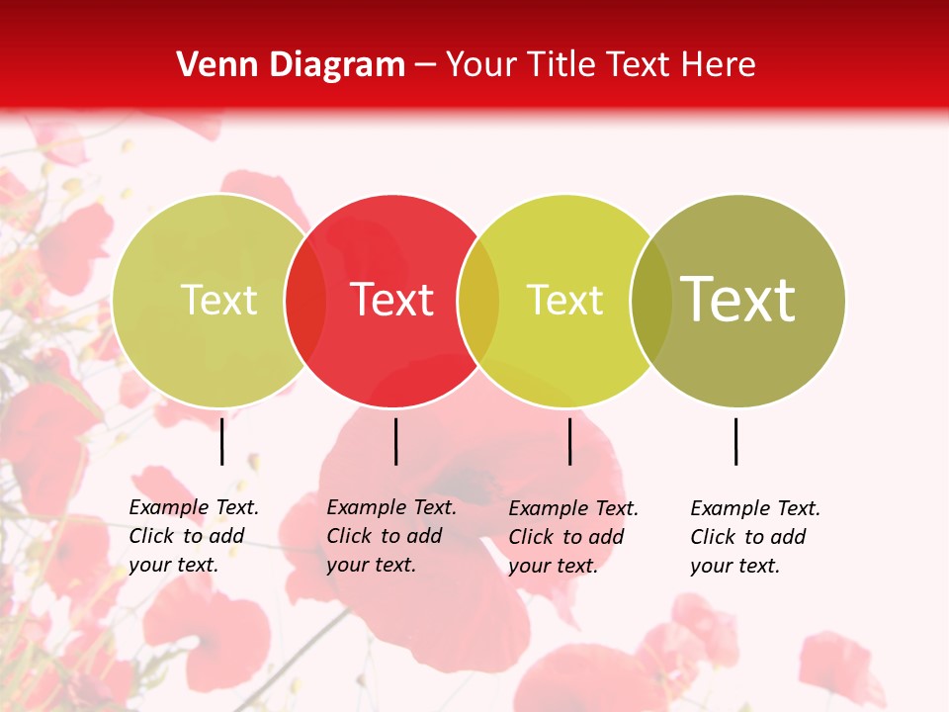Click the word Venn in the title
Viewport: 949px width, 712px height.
click(210, 65)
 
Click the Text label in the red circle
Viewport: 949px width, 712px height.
click(392, 300)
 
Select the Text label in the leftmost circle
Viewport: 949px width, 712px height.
click(219, 300)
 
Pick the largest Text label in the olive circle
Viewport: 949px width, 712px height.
click(738, 300)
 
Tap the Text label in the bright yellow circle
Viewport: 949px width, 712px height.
click(565, 300)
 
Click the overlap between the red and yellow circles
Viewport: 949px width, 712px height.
click(478, 301)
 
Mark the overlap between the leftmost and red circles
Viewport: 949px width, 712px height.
click(305, 301)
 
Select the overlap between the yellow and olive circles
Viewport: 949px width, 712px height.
click(651, 301)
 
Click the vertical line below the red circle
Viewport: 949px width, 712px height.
click(395, 441)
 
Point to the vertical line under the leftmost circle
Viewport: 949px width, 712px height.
click(222, 441)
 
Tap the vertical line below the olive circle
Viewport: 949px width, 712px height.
click(736, 441)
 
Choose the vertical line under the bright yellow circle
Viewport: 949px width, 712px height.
click(570, 441)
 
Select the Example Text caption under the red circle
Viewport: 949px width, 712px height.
click(390, 536)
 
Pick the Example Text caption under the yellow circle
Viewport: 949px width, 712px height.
click(572, 537)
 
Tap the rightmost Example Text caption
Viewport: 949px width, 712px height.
click(754, 537)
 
